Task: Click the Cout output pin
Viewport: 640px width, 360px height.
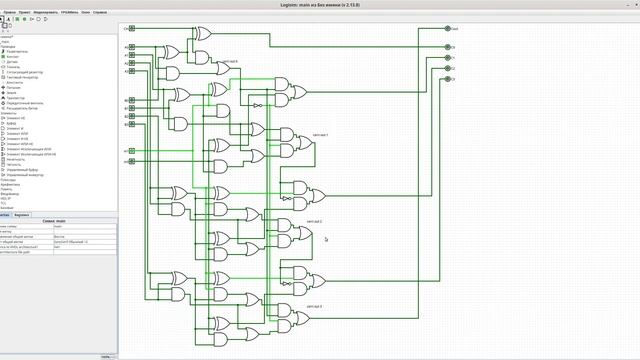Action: pos(448,29)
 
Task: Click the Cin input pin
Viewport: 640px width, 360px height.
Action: pos(132,28)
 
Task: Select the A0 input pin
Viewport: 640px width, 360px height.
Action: pos(132,48)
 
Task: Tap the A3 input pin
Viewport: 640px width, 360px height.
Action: pos(132,71)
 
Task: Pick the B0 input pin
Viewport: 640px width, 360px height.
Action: pos(132,100)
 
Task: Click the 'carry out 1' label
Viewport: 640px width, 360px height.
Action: pos(320,134)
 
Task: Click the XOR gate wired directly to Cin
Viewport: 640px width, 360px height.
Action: pos(203,33)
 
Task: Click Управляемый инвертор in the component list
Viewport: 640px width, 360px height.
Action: pos(30,175)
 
